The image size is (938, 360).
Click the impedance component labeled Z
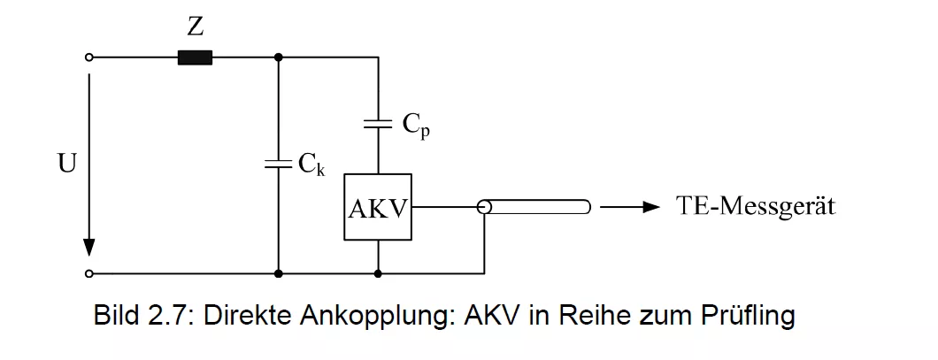coord(195,57)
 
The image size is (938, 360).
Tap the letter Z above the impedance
coord(196,27)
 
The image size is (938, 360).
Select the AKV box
coord(378,207)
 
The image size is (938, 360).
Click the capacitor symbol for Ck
coord(279,164)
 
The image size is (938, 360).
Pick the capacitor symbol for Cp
coord(378,125)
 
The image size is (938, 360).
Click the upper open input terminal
coord(88,57)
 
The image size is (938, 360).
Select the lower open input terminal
coord(88,274)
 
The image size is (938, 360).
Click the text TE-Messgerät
coord(756,208)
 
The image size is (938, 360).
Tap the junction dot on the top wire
coord(279,57)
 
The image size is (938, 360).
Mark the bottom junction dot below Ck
coord(279,274)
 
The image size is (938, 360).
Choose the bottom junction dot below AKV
coord(378,274)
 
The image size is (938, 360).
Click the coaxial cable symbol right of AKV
coord(534,208)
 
